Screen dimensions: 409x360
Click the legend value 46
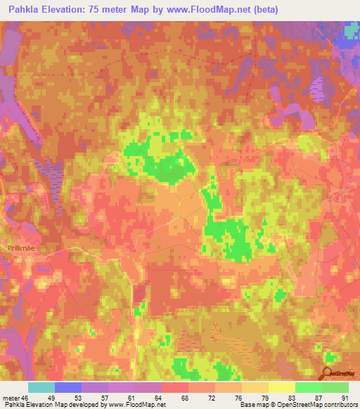[x=27, y=398]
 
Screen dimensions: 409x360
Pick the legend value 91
[x=345, y=398]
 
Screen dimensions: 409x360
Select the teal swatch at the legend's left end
[x=41, y=387]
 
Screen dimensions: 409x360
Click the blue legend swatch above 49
[x=68, y=387]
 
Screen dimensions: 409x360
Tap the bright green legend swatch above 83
[x=308, y=387]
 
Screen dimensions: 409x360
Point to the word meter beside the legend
[x=11, y=398]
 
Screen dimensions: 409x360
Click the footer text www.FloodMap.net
[x=136, y=405]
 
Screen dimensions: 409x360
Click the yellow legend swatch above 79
[x=255, y=387]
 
